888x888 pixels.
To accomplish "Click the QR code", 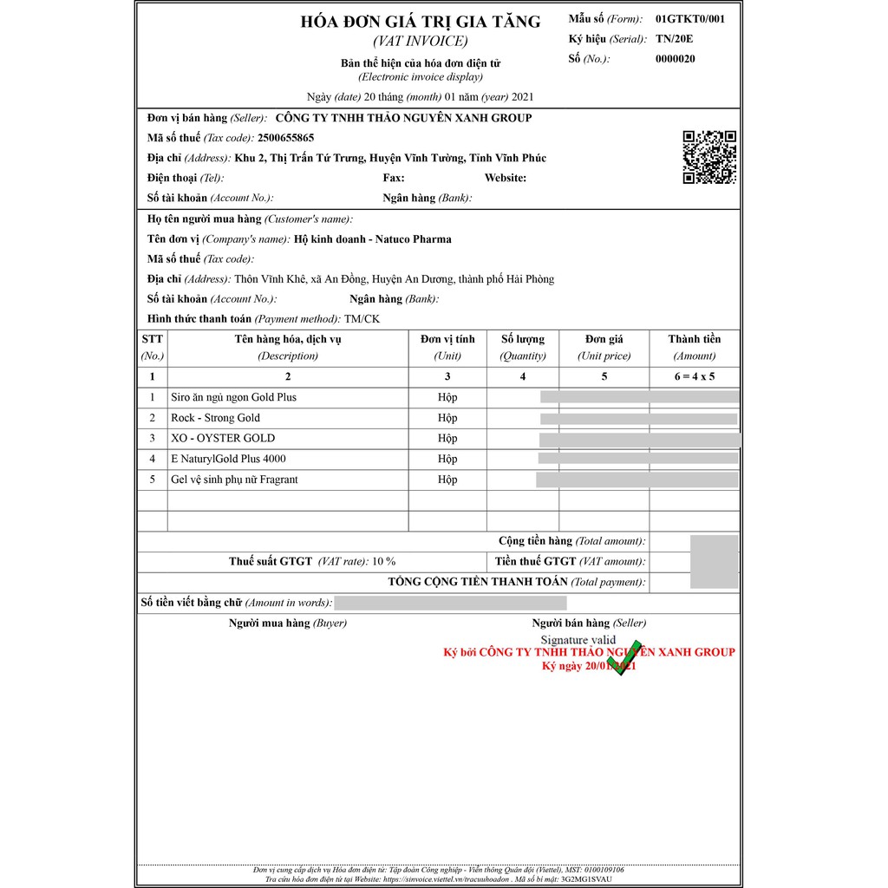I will click(x=709, y=157).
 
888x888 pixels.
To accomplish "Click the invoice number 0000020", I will click(x=676, y=59).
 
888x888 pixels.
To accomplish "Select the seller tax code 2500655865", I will click(x=285, y=138).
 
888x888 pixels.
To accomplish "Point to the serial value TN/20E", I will click(x=675, y=39).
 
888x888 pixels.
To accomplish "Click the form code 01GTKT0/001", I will click(x=690, y=19).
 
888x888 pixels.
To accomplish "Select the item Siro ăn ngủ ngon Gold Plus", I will click(x=233, y=397).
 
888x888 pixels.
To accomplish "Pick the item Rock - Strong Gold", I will click(x=215, y=418).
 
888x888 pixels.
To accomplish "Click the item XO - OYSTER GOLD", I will click(x=223, y=438).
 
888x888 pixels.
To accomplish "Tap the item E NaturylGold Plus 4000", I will click(x=228, y=459).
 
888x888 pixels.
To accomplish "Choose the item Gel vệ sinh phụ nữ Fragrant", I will click(x=234, y=480).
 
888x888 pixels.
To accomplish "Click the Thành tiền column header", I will click(x=694, y=339).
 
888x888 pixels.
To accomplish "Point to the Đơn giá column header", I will click(x=604, y=339).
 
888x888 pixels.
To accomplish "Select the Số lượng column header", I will click(x=523, y=339).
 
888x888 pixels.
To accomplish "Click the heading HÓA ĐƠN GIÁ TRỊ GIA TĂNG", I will click(x=420, y=23).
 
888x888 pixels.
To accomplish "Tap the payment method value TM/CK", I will click(x=362, y=319).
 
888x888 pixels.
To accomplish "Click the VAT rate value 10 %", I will click(x=384, y=562).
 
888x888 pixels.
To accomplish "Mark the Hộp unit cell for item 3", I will click(x=447, y=438).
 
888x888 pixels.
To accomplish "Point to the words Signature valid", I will click(x=578, y=639).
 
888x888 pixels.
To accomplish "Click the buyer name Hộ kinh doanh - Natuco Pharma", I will click(x=373, y=239).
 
